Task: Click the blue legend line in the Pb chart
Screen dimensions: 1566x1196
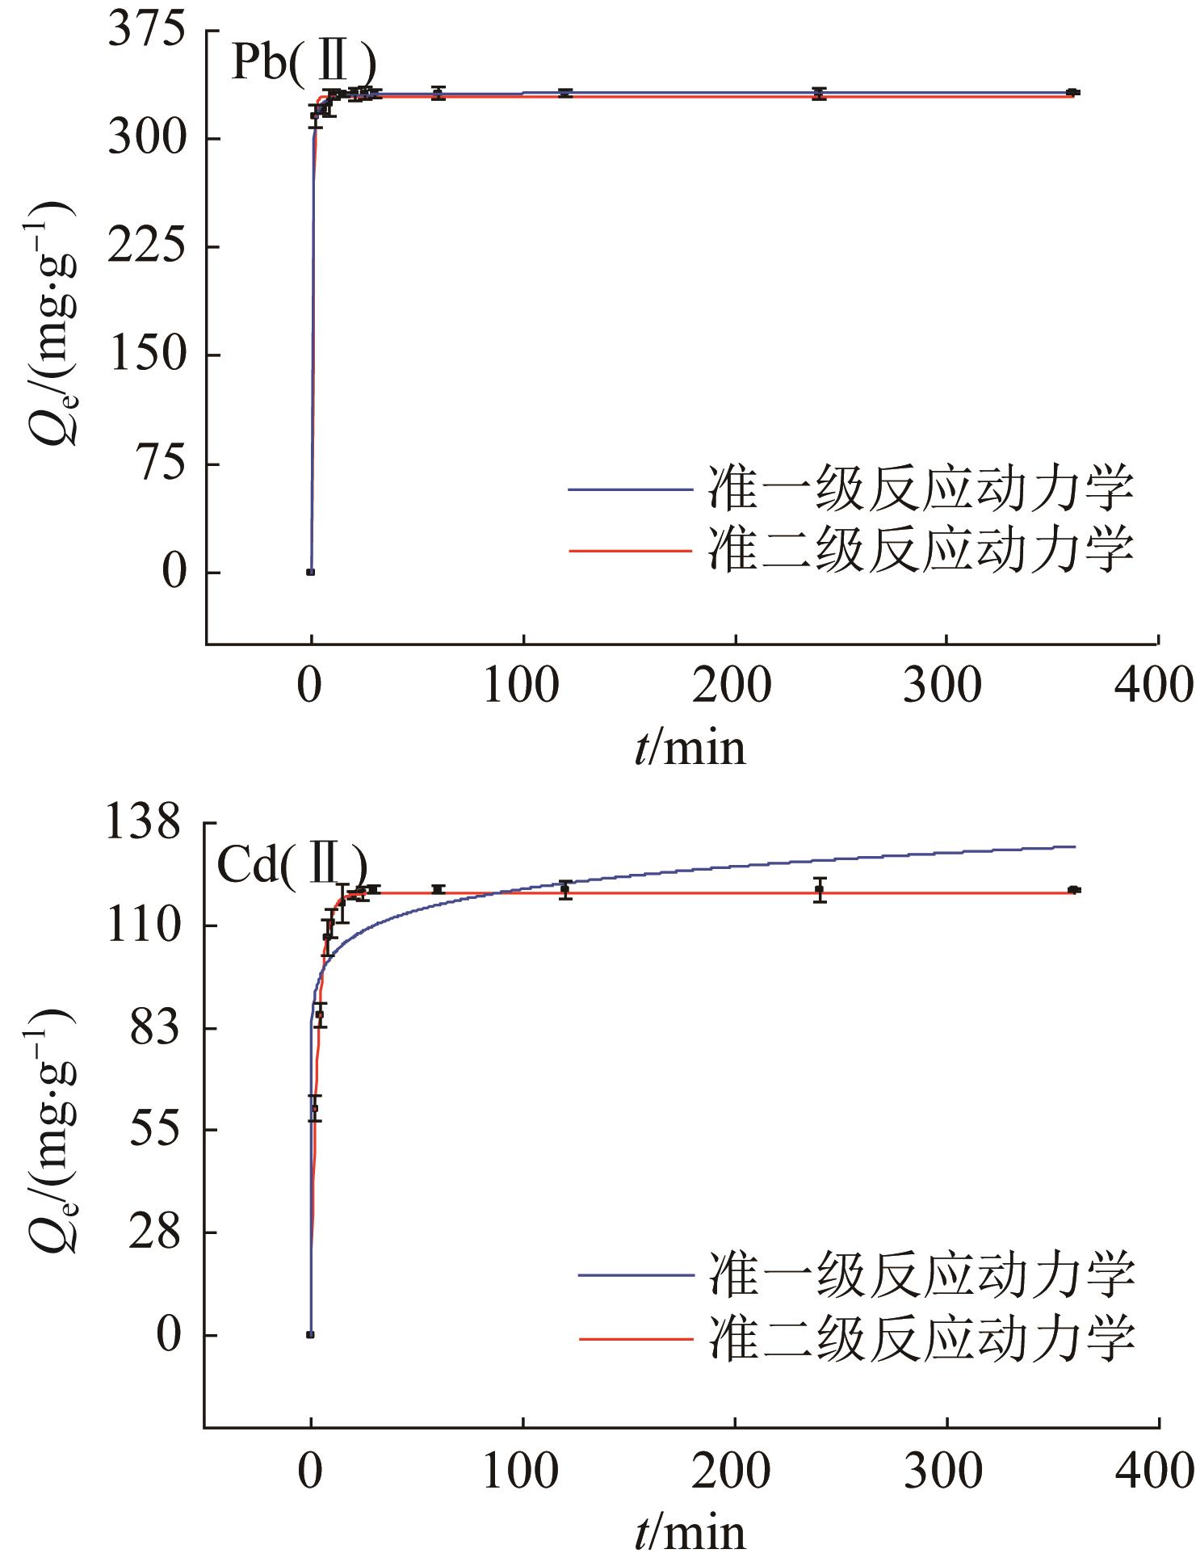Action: pos(630,489)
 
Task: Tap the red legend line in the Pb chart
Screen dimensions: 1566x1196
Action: pos(630,550)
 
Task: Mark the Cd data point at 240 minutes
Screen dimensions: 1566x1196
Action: pos(820,890)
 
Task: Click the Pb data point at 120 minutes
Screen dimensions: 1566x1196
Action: pos(564,94)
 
